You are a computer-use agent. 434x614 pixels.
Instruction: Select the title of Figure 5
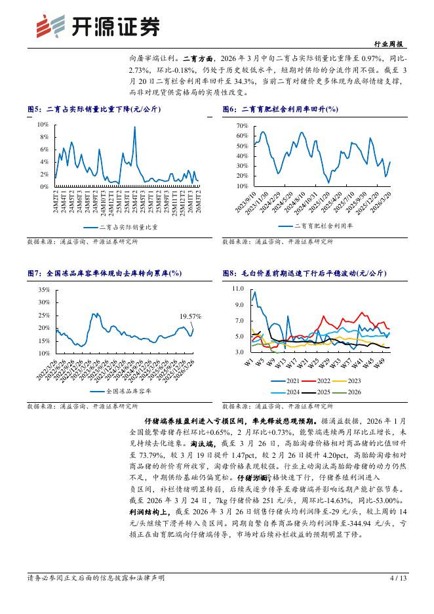(93, 110)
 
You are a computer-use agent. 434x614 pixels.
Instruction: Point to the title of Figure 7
(105, 273)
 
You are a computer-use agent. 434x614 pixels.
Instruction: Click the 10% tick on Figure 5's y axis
(43, 125)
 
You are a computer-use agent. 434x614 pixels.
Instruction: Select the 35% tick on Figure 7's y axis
(44, 289)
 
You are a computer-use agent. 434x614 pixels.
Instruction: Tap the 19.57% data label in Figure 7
(191, 316)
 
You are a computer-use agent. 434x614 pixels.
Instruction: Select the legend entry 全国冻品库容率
(129, 390)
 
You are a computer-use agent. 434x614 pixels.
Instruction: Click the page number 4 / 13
(398, 578)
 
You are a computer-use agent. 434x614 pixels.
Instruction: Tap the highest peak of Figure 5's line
(134, 127)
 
